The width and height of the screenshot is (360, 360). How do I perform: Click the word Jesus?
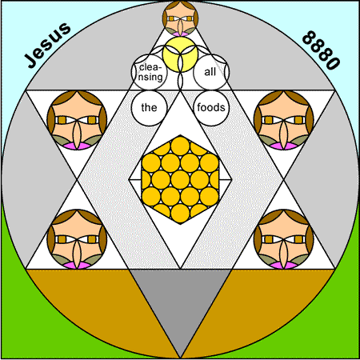coord(47,45)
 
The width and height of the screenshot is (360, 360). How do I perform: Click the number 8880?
coord(322,50)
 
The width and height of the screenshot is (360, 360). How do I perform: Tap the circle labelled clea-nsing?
coord(150,72)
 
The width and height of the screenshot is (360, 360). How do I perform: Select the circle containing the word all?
coord(211,72)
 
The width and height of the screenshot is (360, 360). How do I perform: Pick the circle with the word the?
coord(149,108)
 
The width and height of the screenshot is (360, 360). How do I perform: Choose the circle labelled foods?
coord(211,108)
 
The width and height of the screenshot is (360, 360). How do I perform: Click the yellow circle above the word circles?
coord(180,54)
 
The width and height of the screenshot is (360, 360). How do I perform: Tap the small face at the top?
coord(180,18)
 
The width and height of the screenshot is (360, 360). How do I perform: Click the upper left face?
coord(77,120)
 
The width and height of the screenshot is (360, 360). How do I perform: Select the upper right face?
coord(284,120)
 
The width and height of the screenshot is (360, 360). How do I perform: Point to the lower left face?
coord(77,239)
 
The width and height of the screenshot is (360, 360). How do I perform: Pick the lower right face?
coord(284,239)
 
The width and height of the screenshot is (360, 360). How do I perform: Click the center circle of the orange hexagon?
coord(180,180)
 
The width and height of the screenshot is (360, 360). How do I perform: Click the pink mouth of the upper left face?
coord(77,146)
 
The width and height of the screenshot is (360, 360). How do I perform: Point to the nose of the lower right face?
coord(284,254)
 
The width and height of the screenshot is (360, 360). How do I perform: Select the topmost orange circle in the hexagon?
coord(180,146)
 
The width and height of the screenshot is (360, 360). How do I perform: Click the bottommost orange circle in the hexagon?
coord(180,214)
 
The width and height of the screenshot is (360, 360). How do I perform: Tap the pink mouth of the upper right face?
coord(284,146)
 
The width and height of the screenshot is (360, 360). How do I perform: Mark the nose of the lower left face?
coord(77,254)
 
